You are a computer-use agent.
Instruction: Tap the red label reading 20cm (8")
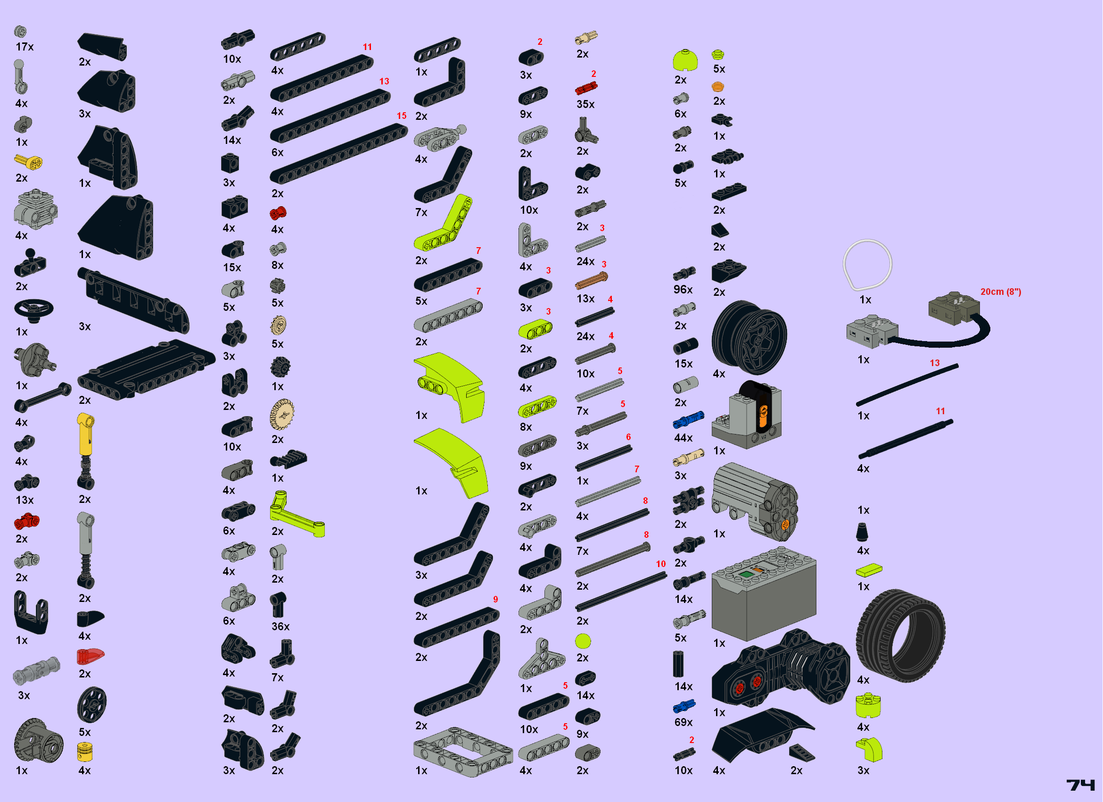tap(1000, 292)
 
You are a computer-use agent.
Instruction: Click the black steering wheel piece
tap(33, 310)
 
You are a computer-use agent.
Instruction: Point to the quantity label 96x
tap(683, 290)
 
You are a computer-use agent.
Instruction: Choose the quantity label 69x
tap(683, 722)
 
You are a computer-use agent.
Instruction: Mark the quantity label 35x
tap(585, 104)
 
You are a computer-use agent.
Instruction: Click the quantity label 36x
tap(280, 627)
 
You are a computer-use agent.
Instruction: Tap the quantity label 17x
tap(25, 47)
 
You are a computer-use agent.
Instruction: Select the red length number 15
tap(401, 116)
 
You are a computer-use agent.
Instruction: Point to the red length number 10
tap(660, 564)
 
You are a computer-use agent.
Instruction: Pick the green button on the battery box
tap(746, 574)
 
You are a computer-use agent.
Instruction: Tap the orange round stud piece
tap(718, 87)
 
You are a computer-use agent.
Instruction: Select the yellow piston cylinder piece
tap(85, 752)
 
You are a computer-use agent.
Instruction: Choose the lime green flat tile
tap(869, 570)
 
